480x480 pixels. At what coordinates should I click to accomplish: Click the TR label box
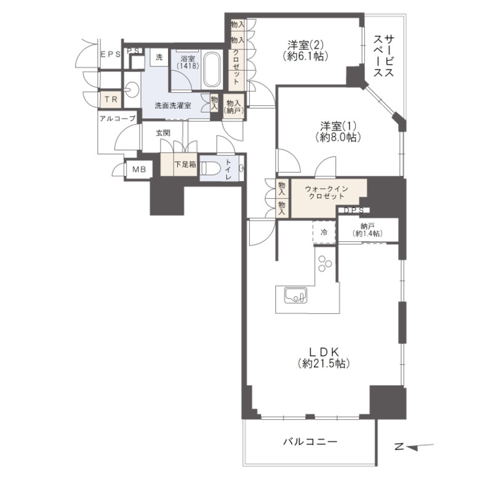tap(110, 98)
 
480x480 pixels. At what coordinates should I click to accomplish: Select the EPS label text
tap(111, 54)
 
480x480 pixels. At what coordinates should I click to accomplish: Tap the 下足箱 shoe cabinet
tap(180, 165)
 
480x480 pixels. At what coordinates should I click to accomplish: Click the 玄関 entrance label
tap(163, 132)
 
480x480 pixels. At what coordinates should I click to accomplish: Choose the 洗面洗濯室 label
tap(172, 105)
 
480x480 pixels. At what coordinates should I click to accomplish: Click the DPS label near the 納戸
tap(353, 210)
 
